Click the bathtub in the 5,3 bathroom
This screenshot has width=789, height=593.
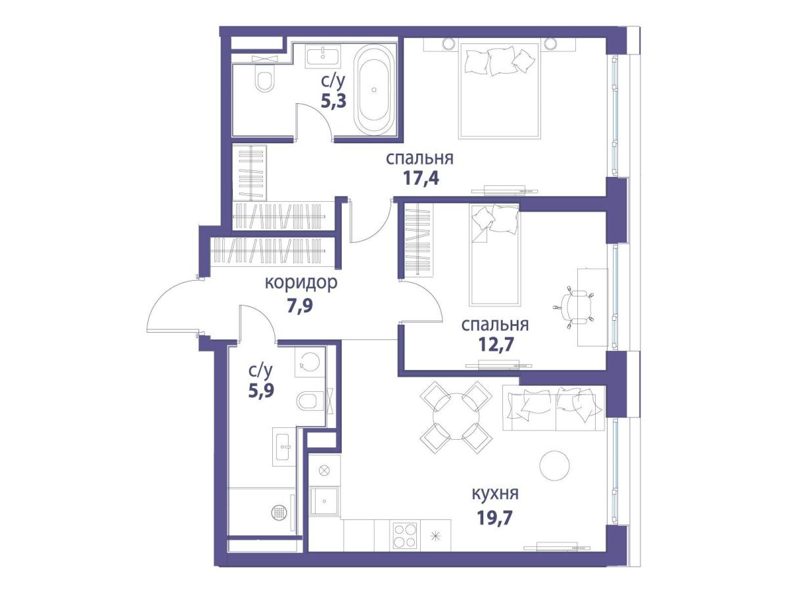[374, 90]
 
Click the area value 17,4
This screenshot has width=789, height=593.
[421, 178]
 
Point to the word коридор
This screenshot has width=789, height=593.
[301, 283]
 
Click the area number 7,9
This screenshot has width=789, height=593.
[300, 306]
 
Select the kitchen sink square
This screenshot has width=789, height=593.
[324, 501]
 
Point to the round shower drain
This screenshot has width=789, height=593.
[278, 511]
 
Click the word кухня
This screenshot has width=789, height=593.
[495, 494]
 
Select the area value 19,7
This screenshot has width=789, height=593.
[494, 518]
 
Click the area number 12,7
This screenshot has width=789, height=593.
[496, 344]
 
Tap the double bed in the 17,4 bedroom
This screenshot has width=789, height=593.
[500, 91]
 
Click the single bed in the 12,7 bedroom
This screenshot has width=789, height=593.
[494, 255]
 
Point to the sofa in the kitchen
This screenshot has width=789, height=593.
[554, 408]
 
